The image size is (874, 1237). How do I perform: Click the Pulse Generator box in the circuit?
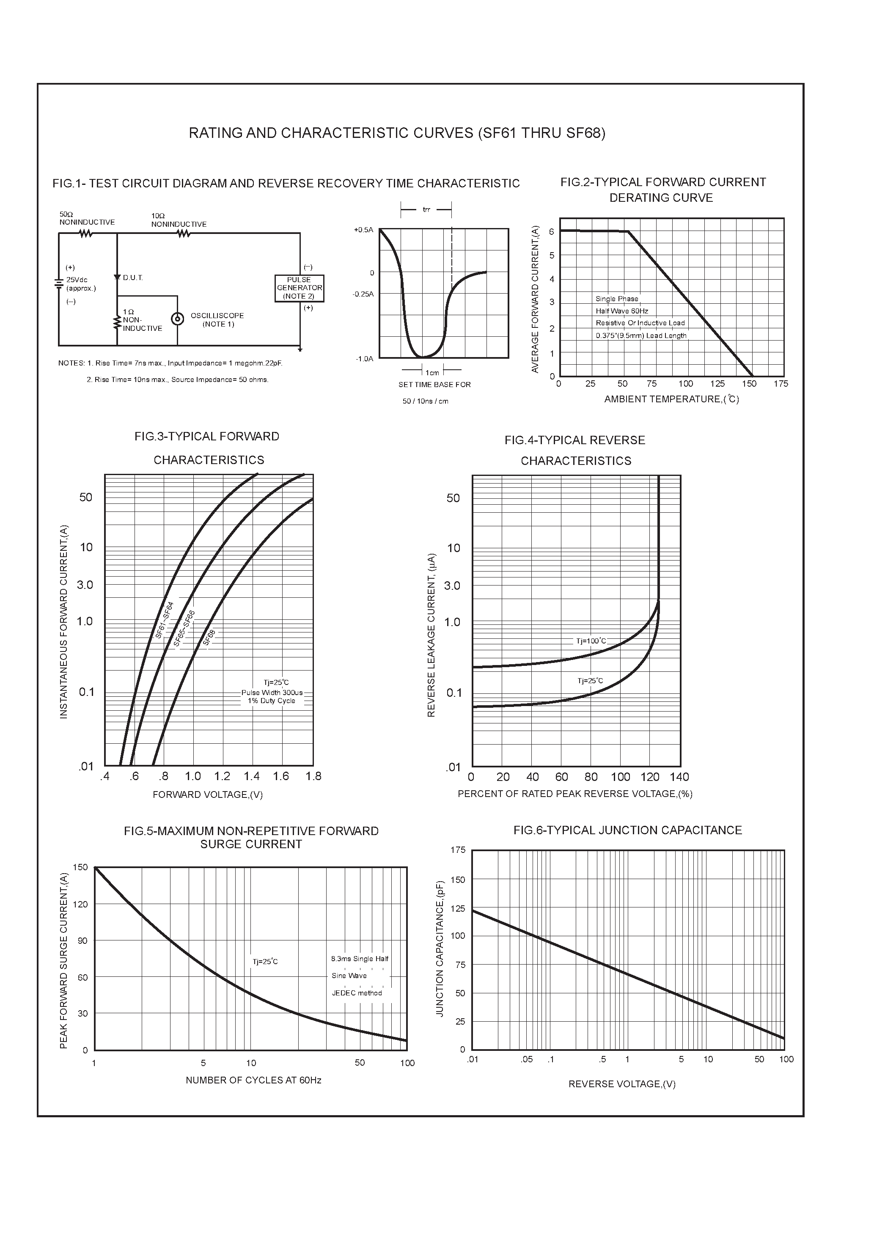point(299,288)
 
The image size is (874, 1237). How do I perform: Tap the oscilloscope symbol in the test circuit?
point(177,319)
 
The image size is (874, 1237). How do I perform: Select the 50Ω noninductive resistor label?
point(87,218)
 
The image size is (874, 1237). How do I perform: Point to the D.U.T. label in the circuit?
point(132,278)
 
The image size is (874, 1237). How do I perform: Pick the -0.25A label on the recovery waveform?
point(363,294)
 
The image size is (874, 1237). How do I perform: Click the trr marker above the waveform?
point(426,209)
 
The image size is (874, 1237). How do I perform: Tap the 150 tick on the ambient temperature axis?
point(749,384)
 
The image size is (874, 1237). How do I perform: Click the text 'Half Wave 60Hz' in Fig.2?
point(622,311)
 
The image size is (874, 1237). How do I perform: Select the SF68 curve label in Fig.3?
point(209,638)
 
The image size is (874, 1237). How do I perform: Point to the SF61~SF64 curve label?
point(164,620)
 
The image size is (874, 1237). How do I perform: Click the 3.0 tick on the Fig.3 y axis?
point(85,585)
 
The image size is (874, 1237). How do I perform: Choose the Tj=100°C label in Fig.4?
point(591,641)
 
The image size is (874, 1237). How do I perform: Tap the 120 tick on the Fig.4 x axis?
point(650,777)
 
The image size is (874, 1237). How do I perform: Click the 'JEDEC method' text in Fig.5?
point(357,993)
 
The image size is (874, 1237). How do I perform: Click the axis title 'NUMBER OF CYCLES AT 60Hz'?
point(253,1080)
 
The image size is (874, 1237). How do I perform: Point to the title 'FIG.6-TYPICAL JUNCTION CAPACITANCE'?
point(628,830)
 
